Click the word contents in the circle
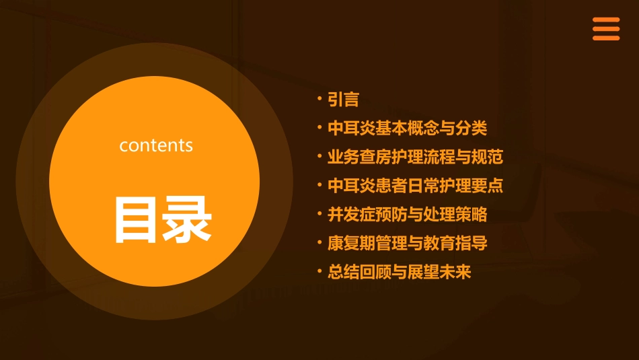[x=156, y=145]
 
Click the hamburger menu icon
[x=605, y=29]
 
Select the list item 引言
[x=343, y=100]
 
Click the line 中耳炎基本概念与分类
[x=407, y=128]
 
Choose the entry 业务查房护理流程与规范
[x=415, y=157]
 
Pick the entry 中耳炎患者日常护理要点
[x=415, y=186]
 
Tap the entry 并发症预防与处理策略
[x=407, y=215]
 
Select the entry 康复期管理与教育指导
[x=407, y=243]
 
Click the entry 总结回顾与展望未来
[x=399, y=272]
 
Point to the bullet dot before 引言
[x=319, y=100]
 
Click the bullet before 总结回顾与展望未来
[x=319, y=272]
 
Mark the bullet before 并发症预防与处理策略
[x=319, y=215]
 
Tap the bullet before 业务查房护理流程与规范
[x=319, y=157]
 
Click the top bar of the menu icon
[x=605, y=20]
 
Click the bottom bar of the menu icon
[x=605, y=38]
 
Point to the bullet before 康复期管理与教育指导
[x=319, y=243]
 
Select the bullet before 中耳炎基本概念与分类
[x=319, y=128]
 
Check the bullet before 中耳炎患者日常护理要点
[x=319, y=186]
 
